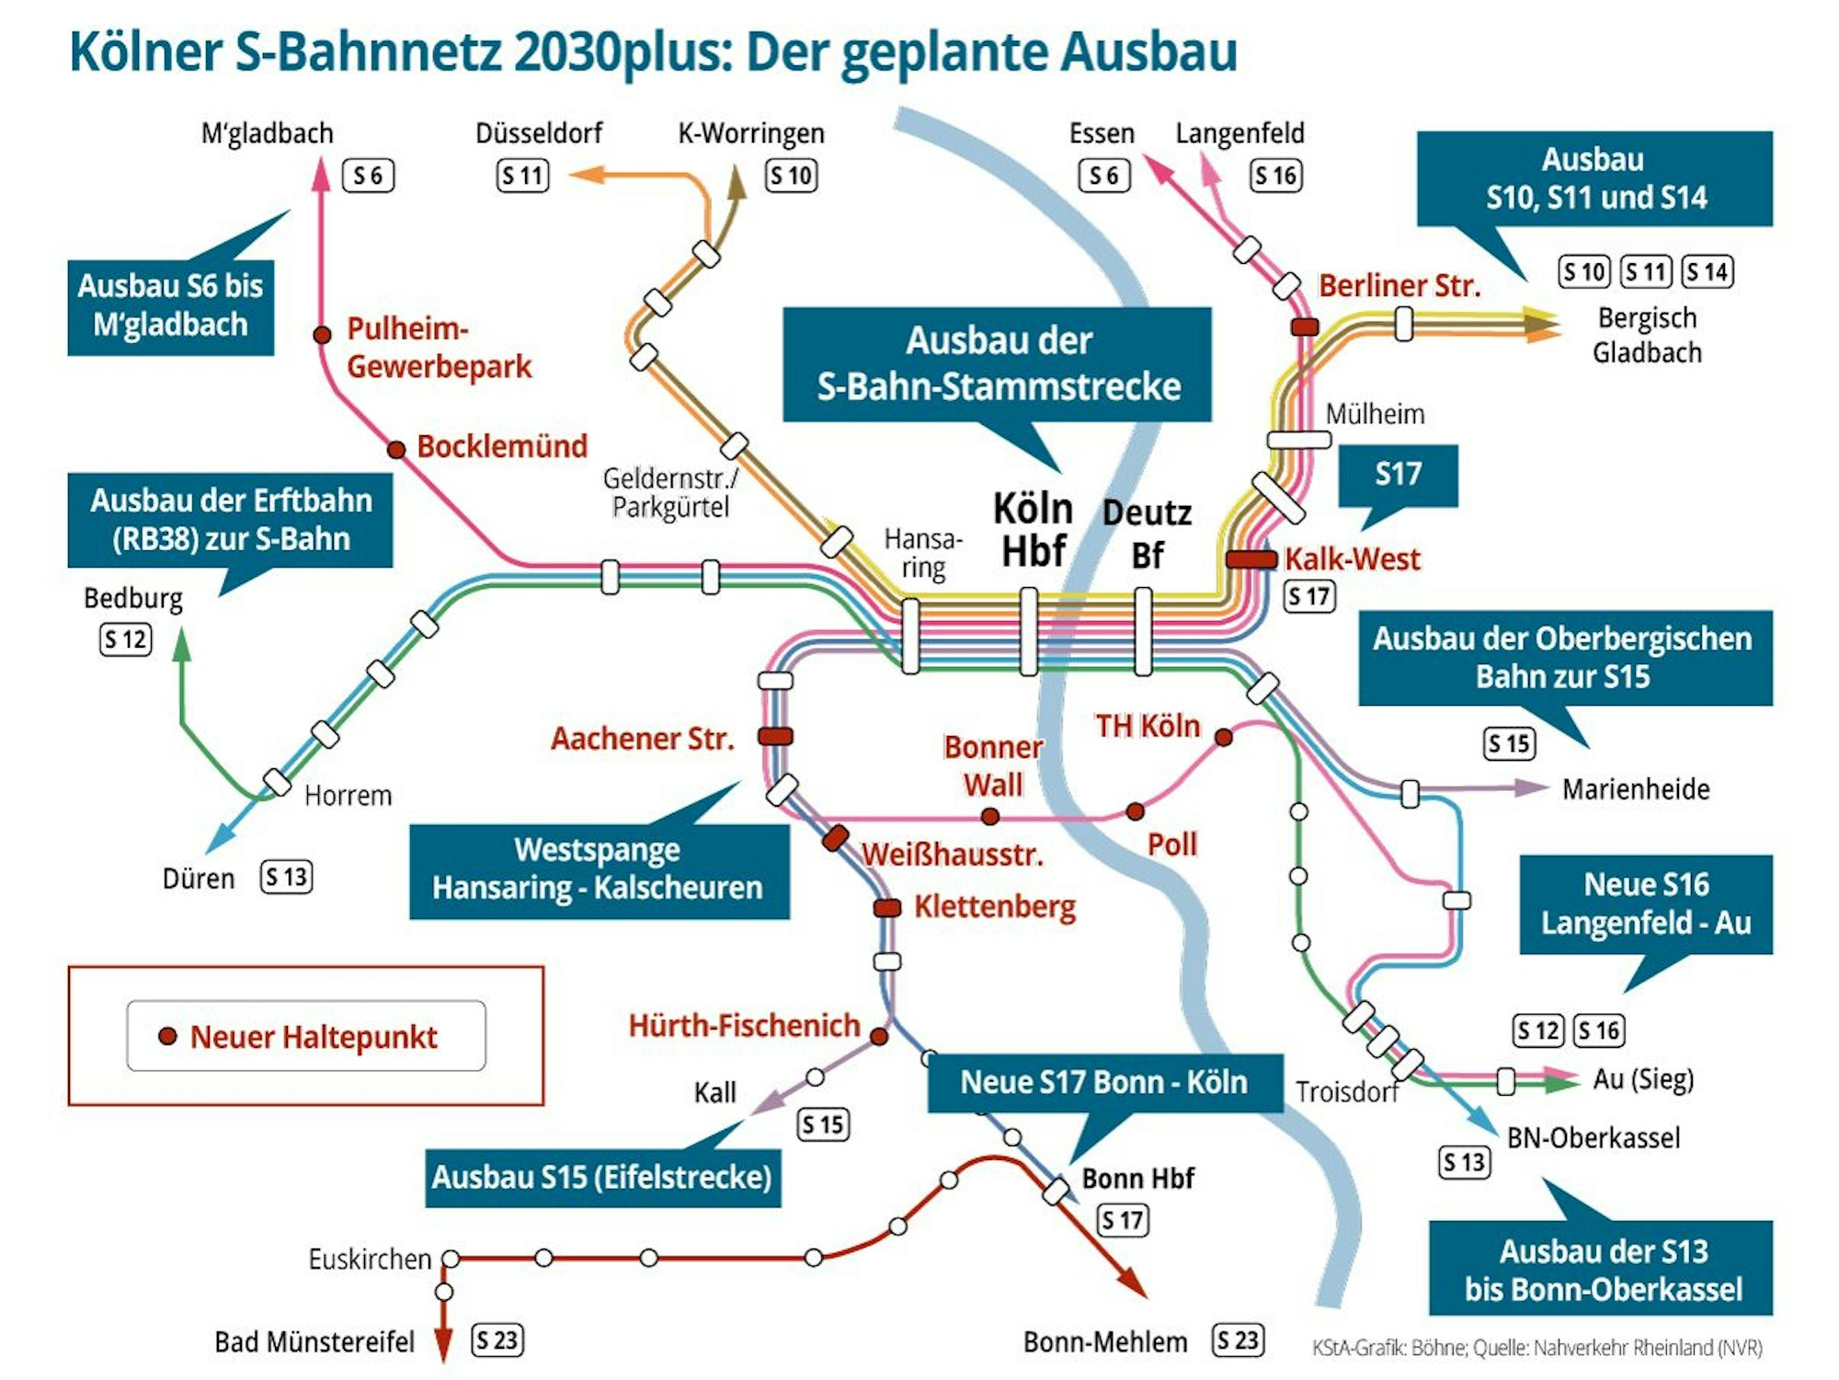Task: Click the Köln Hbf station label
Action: tap(1034, 530)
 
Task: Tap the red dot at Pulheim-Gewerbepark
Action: tap(322, 335)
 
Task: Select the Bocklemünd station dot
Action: tap(396, 450)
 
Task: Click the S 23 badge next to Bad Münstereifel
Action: tap(497, 1340)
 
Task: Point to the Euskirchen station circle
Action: tap(451, 1259)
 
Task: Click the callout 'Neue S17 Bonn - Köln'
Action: tap(1104, 1082)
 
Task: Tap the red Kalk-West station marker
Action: tap(1251, 558)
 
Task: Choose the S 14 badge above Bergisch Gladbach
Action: tap(1708, 272)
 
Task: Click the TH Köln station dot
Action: tap(1224, 737)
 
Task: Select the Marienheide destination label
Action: tap(1636, 788)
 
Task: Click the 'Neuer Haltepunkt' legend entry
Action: tap(306, 1037)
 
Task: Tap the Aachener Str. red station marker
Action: tap(775, 736)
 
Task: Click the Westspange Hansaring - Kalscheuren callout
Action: tap(599, 869)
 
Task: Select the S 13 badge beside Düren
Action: tap(287, 877)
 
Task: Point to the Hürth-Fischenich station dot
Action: tap(879, 1037)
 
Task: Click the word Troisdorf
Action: tap(1346, 1092)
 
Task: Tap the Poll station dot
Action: tap(1136, 811)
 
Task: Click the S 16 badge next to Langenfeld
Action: tap(1276, 176)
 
